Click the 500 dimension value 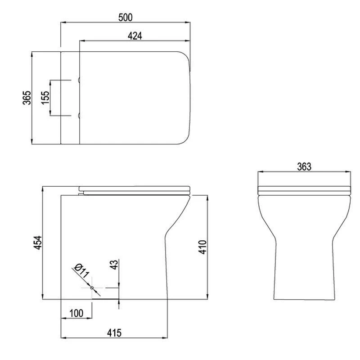coord(126,17)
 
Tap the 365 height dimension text coord(27,98)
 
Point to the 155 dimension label coord(45,98)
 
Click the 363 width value coord(304,166)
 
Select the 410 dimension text coord(202,247)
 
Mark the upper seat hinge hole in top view coord(80,81)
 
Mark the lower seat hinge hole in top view coord(80,116)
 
